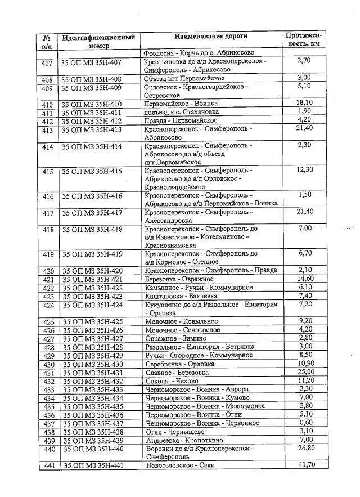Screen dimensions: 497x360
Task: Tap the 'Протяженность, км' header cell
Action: tap(304, 40)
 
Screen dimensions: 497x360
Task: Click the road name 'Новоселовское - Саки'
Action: tap(179, 465)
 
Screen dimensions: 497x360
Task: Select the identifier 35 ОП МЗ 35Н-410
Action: tap(92, 104)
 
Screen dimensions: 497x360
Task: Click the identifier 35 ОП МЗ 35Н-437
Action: tap(92, 423)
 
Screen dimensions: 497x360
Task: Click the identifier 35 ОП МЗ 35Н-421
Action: tap(92, 279)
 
